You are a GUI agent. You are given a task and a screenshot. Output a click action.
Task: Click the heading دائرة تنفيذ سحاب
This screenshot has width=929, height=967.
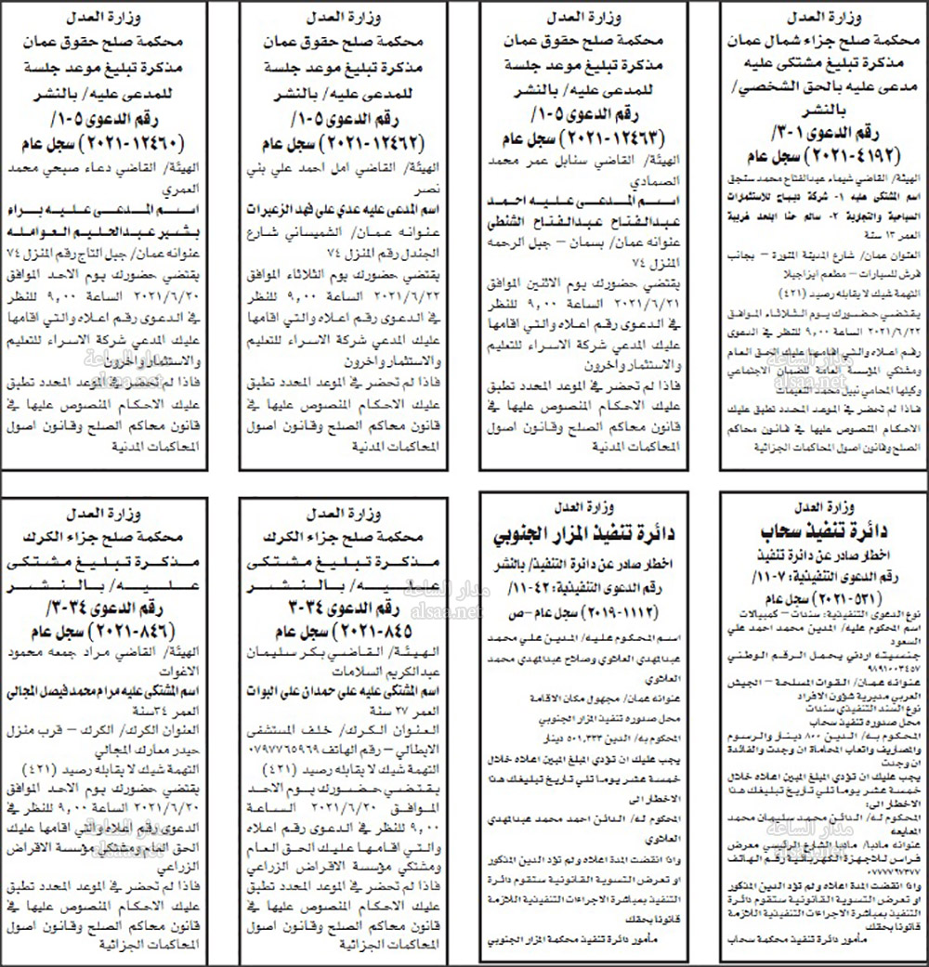816,530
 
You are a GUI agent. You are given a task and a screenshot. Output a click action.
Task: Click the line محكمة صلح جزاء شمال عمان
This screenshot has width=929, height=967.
816,41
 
